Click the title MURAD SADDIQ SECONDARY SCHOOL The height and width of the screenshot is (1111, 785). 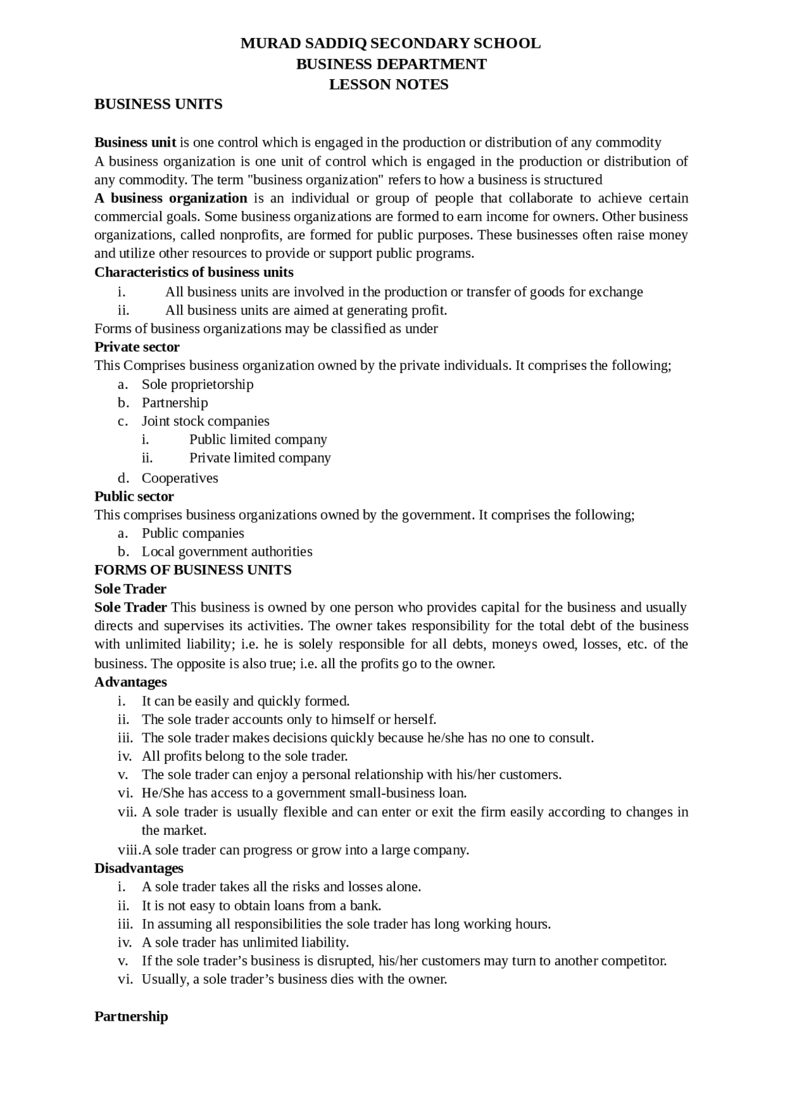(x=390, y=44)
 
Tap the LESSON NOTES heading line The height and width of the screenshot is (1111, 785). (x=389, y=85)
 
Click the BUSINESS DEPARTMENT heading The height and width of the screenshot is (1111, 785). (x=391, y=64)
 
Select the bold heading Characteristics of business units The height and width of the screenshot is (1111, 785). (x=194, y=272)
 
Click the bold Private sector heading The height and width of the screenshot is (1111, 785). (x=137, y=347)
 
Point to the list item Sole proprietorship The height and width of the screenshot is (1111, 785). (x=197, y=385)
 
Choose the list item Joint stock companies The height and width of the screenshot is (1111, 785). (x=205, y=421)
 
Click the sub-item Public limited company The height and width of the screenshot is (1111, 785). (x=258, y=440)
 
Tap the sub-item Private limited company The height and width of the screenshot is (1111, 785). (x=260, y=458)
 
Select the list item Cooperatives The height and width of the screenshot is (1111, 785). (x=180, y=479)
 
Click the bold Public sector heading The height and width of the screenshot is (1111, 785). (x=134, y=497)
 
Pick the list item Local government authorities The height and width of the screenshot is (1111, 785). (x=227, y=552)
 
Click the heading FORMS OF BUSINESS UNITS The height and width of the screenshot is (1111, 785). (x=193, y=571)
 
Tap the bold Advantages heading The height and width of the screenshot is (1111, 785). (x=131, y=682)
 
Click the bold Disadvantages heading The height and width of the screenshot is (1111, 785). (x=139, y=869)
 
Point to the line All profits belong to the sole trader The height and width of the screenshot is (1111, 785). (x=245, y=756)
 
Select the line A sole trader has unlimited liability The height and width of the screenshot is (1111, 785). (x=245, y=943)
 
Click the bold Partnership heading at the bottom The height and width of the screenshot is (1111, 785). (x=131, y=1017)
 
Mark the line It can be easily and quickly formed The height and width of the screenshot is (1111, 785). (x=245, y=701)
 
